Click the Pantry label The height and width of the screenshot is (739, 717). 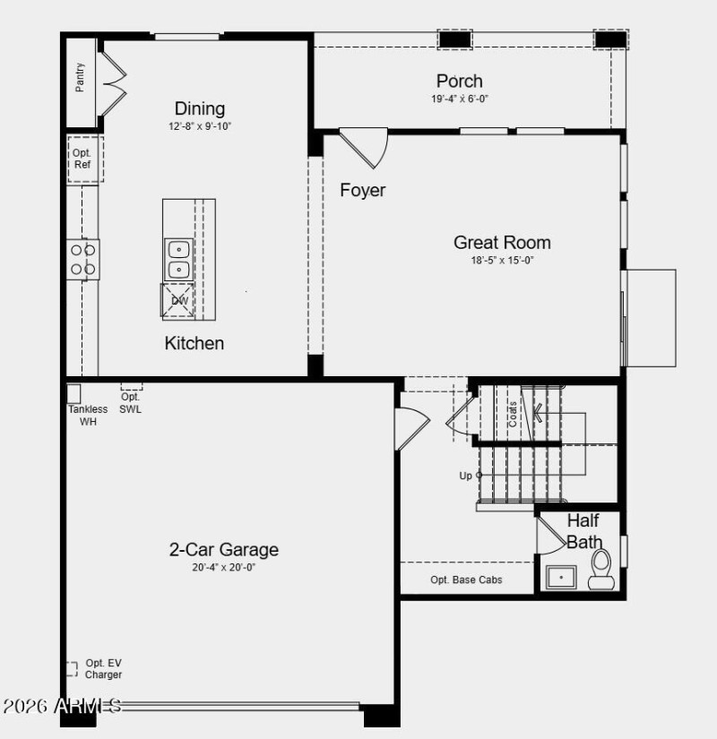(x=81, y=77)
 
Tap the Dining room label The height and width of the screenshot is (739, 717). (x=200, y=108)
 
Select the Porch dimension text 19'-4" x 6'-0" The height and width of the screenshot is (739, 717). (x=460, y=99)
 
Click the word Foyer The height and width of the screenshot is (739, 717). (x=363, y=190)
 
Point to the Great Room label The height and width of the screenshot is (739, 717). (x=502, y=242)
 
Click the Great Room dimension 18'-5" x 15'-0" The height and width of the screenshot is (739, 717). (x=502, y=261)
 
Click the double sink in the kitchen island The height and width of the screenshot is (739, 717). (x=178, y=258)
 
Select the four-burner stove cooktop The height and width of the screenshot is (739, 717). (x=83, y=259)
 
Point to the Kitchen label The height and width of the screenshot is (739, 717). (x=194, y=343)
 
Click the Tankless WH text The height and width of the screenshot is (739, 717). (x=88, y=416)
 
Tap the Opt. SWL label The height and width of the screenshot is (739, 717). (x=131, y=403)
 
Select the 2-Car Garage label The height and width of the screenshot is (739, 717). (x=224, y=549)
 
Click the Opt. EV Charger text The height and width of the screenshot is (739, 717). (x=103, y=669)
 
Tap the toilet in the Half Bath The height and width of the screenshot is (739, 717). (x=600, y=570)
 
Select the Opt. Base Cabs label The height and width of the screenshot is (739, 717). (x=466, y=580)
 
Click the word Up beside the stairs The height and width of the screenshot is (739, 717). (x=465, y=476)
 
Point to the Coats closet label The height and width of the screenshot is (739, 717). (x=513, y=413)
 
